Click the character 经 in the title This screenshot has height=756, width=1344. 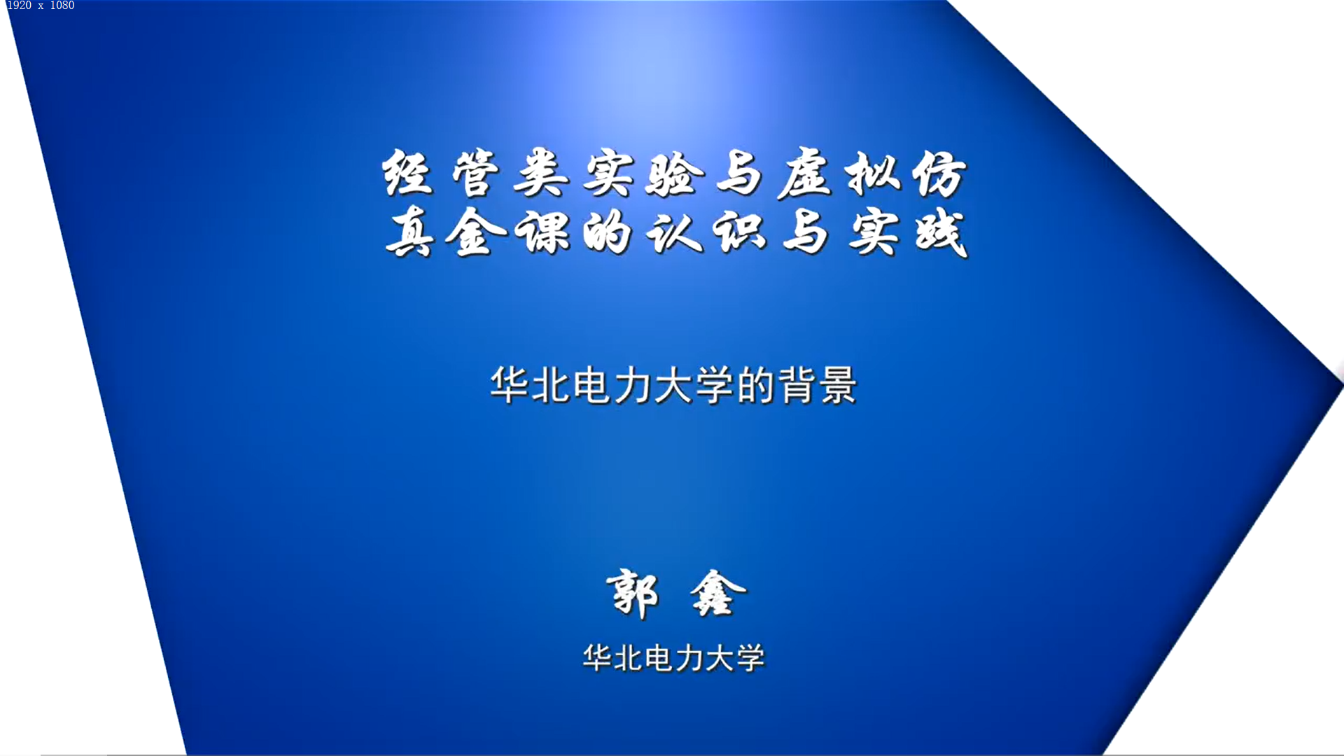pyautogui.click(x=407, y=173)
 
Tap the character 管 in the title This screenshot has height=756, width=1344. pyautogui.click(x=475, y=173)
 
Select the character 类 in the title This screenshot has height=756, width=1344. pyautogui.click(x=541, y=173)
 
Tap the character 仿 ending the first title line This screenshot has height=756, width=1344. pyautogui.click(x=940, y=173)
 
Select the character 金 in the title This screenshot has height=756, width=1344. pyautogui.click(x=475, y=232)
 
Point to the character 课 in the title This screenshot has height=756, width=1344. pyautogui.click(x=542, y=232)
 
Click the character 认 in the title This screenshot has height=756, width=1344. pyautogui.click(x=674, y=232)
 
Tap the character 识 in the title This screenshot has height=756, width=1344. pyautogui.click(x=740, y=232)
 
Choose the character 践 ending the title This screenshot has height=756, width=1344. pyautogui.click(x=942, y=232)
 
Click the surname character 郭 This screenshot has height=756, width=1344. pyautogui.click(x=633, y=594)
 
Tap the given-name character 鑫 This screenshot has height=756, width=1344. pyautogui.click(x=717, y=594)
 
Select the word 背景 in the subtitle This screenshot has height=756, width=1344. pyautogui.click(x=818, y=385)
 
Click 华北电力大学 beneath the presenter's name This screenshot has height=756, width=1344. pyautogui.click(x=674, y=658)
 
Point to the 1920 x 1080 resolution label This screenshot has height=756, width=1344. pyautogui.click(x=41, y=6)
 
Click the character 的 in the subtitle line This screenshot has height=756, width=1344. pyautogui.click(x=756, y=385)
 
